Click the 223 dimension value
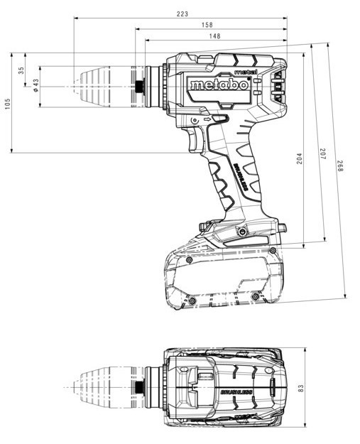tap(182, 13)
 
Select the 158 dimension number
tap(207, 25)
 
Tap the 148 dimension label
tap(215, 36)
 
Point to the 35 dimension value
tap(21, 70)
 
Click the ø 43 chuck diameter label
tap(36, 85)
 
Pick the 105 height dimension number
tap(7, 103)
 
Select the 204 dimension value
tap(300, 158)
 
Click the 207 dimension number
tap(323, 153)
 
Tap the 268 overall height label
tap(340, 166)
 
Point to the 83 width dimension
tap(300, 388)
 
